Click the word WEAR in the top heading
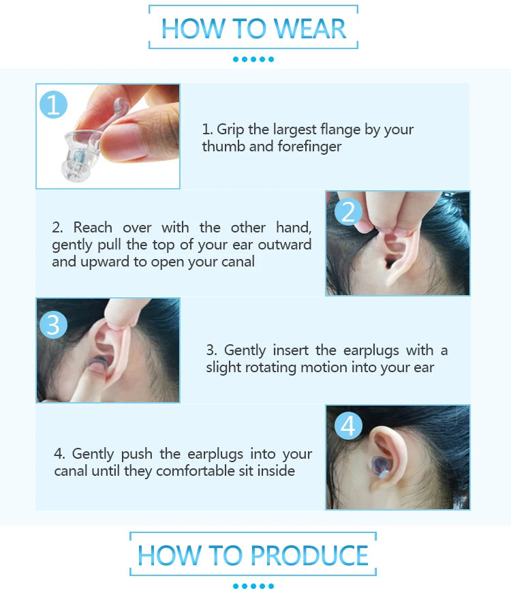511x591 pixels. tap(309, 29)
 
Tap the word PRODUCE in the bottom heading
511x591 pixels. tap(309, 555)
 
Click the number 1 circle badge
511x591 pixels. tap(54, 104)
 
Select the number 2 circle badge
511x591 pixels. tap(348, 211)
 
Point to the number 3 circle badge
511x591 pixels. tap(54, 324)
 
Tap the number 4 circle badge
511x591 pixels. tap(348, 426)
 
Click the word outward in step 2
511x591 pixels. tap(285, 245)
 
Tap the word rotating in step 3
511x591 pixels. tap(270, 367)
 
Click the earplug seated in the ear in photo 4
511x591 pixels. tap(382, 467)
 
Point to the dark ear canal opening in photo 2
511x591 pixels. tap(390, 262)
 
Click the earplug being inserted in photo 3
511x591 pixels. tap(97, 363)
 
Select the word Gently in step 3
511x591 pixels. tap(245, 350)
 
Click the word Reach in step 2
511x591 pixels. tap(93, 228)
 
